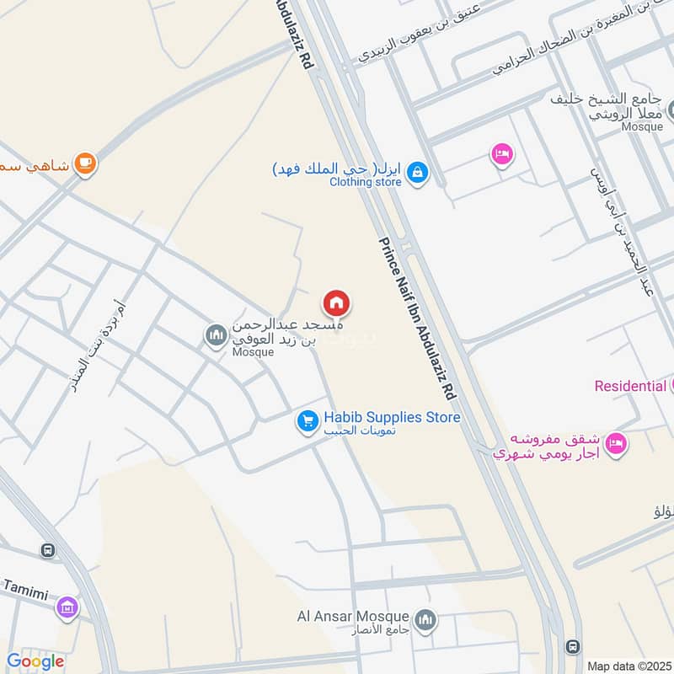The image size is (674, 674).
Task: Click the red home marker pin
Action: (336, 302)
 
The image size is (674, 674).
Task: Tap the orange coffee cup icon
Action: (84, 163)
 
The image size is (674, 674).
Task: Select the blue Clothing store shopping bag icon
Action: (417, 174)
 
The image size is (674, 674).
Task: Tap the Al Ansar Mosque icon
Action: (426, 619)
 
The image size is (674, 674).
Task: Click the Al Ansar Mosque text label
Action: (353, 617)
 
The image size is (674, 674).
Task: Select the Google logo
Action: (35, 661)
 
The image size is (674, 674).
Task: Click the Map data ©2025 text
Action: (628, 666)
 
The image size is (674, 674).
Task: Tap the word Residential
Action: (630, 386)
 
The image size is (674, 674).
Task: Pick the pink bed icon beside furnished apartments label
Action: (617, 442)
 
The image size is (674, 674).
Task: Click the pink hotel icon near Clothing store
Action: (501, 154)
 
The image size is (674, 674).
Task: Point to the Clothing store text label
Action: (365, 181)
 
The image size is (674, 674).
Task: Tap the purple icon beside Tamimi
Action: (67, 606)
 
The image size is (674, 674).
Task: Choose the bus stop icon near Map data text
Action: (573, 646)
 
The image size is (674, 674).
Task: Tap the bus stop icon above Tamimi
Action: (47, 551)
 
